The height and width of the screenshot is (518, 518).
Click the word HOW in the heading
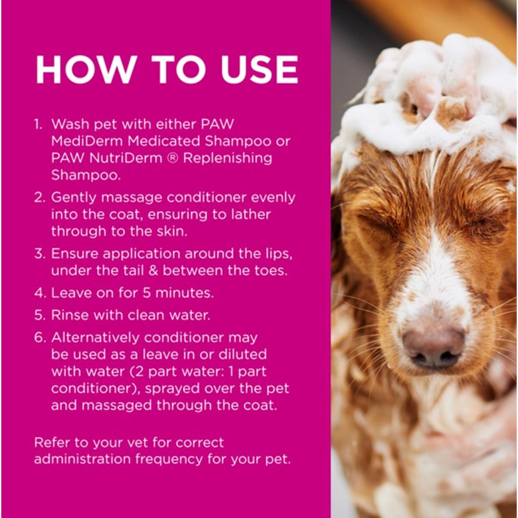click(x=85, y=70)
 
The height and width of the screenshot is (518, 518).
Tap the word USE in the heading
click(x=260, y=70)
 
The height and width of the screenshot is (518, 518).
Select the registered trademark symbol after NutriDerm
click(x=172, y=158)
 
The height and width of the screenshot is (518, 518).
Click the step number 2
click(x=39, y=198)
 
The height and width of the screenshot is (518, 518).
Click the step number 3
click(x=39, y=254)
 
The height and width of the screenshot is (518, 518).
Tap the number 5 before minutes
click(x=146, y=293)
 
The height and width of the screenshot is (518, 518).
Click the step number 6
click(x=39, y=338)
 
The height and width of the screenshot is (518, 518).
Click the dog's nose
click(x=433, y=347)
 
